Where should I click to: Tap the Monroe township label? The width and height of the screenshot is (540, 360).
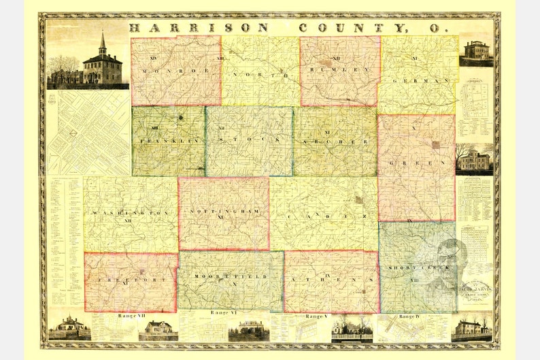[175, 70]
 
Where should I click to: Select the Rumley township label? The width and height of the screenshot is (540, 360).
[340, 69]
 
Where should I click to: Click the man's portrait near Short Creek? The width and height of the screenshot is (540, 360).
[449, 262]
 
